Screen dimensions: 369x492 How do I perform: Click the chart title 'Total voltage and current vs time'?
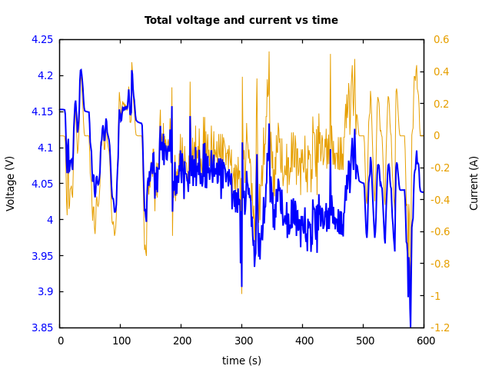[x=241, y=21]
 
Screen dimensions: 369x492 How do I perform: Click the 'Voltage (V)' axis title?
[x=11, y=183]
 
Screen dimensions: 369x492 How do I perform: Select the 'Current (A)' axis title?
[x=474, y=183]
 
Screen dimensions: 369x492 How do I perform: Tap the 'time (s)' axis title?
[x=241, y=361]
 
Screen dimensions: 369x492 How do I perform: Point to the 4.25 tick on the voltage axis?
[x=42, y=39]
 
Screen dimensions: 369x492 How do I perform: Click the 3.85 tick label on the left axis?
[x=42, y=327]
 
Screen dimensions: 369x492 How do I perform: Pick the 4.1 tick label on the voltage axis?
[x=45, y=148]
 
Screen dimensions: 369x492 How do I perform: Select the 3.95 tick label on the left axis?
[x=42, y=256]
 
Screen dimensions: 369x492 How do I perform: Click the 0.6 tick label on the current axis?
[x=441, y=39]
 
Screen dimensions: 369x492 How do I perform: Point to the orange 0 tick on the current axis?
[x=437, y=135]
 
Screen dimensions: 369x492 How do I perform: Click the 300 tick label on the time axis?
[x=242, y=340]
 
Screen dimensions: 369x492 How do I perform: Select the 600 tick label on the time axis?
[x=424, y=340]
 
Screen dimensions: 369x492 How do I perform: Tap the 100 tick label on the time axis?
[x=121, y=340]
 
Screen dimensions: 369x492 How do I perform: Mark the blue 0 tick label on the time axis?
[x=60, y=340]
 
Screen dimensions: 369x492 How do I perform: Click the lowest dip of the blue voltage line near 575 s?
[x=411, y=326]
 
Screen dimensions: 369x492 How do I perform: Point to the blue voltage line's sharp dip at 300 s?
[x=241, y=287]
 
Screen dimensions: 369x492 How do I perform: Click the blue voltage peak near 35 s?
[x=81, y=70]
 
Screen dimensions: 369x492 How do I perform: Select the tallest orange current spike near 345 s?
[x=269, y=52]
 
